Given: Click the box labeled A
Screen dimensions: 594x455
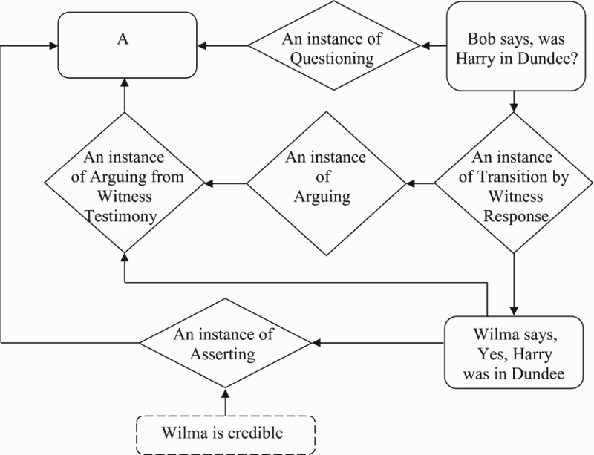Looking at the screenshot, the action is [127, 45].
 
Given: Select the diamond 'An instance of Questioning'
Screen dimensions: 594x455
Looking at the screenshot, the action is [333, 45].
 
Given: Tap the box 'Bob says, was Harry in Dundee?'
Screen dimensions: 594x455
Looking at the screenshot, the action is [516, 46].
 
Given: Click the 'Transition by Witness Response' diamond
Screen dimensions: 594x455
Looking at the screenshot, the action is [514, 183].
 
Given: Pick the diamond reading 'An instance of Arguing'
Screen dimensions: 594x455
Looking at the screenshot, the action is [326, 184].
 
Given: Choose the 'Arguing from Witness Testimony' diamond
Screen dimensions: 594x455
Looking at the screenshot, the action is [125, 183].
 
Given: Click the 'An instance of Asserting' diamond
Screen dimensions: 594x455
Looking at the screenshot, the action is [226, 343].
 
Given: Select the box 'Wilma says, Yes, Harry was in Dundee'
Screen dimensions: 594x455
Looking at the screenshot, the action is [514, 353].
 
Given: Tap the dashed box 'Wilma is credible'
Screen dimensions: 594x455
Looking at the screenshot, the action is [226, 434].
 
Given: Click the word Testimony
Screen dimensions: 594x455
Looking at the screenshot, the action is [121, 216].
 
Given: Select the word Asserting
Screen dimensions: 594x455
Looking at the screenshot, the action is [223, 354].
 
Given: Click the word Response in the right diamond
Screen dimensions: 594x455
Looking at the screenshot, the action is [516, 216].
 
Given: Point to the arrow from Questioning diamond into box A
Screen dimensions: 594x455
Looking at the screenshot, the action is [223, 45].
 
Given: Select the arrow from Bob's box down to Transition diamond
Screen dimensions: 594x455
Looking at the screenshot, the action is [514, 102].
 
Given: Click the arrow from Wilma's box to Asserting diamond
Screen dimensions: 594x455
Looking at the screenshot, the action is [378, 343].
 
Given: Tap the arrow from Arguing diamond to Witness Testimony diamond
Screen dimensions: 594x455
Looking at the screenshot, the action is [226, 184].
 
